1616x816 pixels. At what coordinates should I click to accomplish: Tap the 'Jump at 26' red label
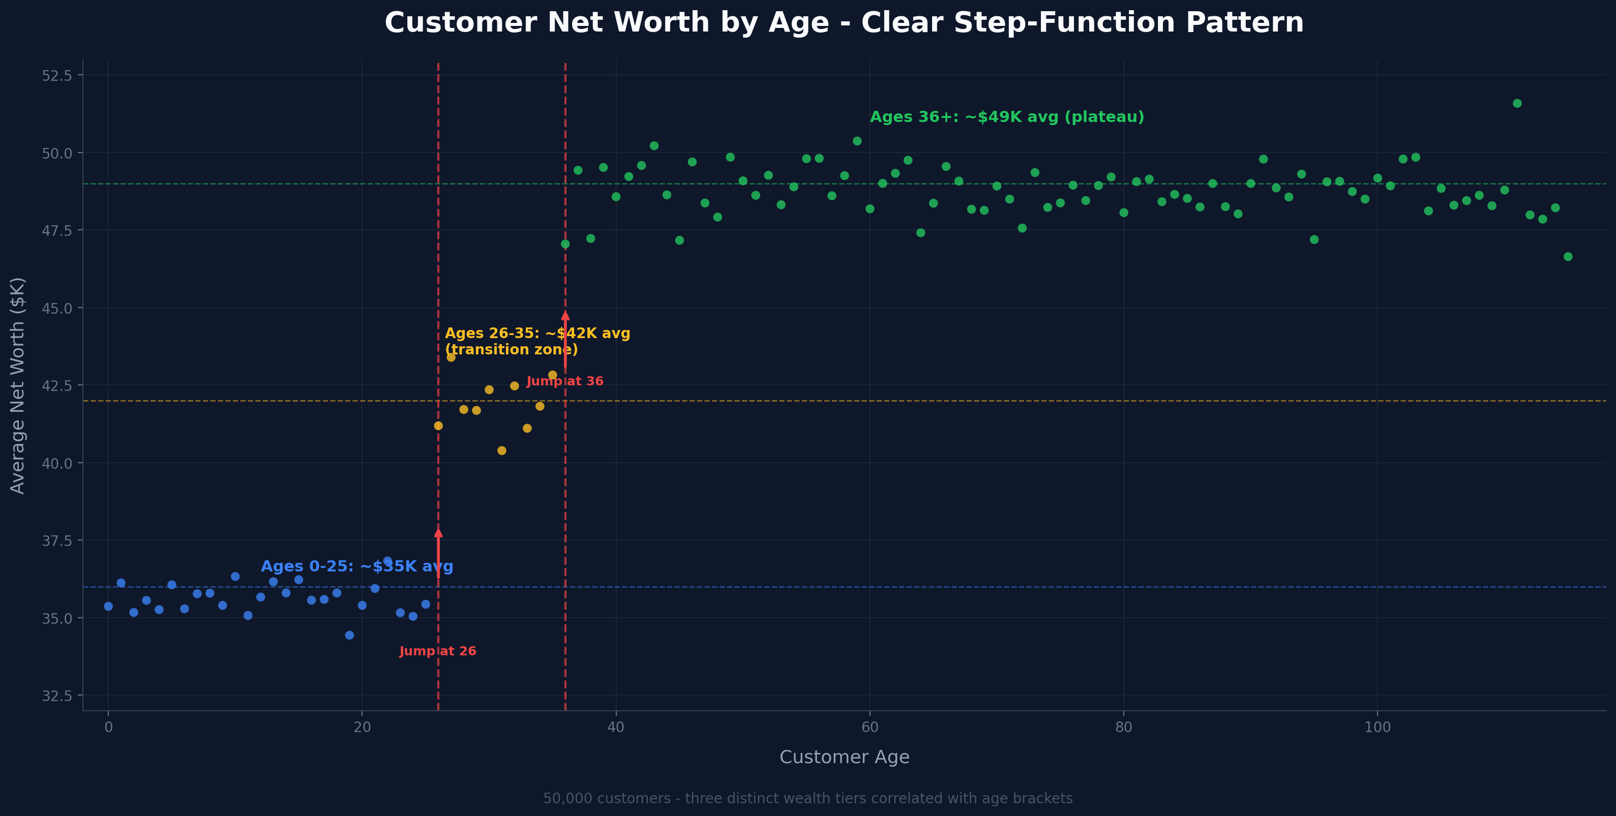[438, 651]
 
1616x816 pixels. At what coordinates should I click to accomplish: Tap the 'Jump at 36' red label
[564, 381]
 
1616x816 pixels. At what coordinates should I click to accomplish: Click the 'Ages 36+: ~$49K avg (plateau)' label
[1007, 117]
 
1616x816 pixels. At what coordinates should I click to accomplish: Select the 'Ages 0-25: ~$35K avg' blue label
[356, 566]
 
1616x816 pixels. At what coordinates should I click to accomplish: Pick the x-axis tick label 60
[870, 728]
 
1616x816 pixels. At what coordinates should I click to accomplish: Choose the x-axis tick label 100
[1377, 728]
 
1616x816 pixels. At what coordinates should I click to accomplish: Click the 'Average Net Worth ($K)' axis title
[18, 386]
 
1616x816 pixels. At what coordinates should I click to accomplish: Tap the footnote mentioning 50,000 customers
[807, 798]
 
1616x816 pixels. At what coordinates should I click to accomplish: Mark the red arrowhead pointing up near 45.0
[565, 316]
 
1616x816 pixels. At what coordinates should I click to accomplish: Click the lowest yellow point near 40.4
[502, 450]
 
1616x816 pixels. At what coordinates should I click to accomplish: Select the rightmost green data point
[1568, 257]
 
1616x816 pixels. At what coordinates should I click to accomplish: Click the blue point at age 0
[108, 607]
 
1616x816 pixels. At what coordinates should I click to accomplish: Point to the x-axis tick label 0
[108, 728]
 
